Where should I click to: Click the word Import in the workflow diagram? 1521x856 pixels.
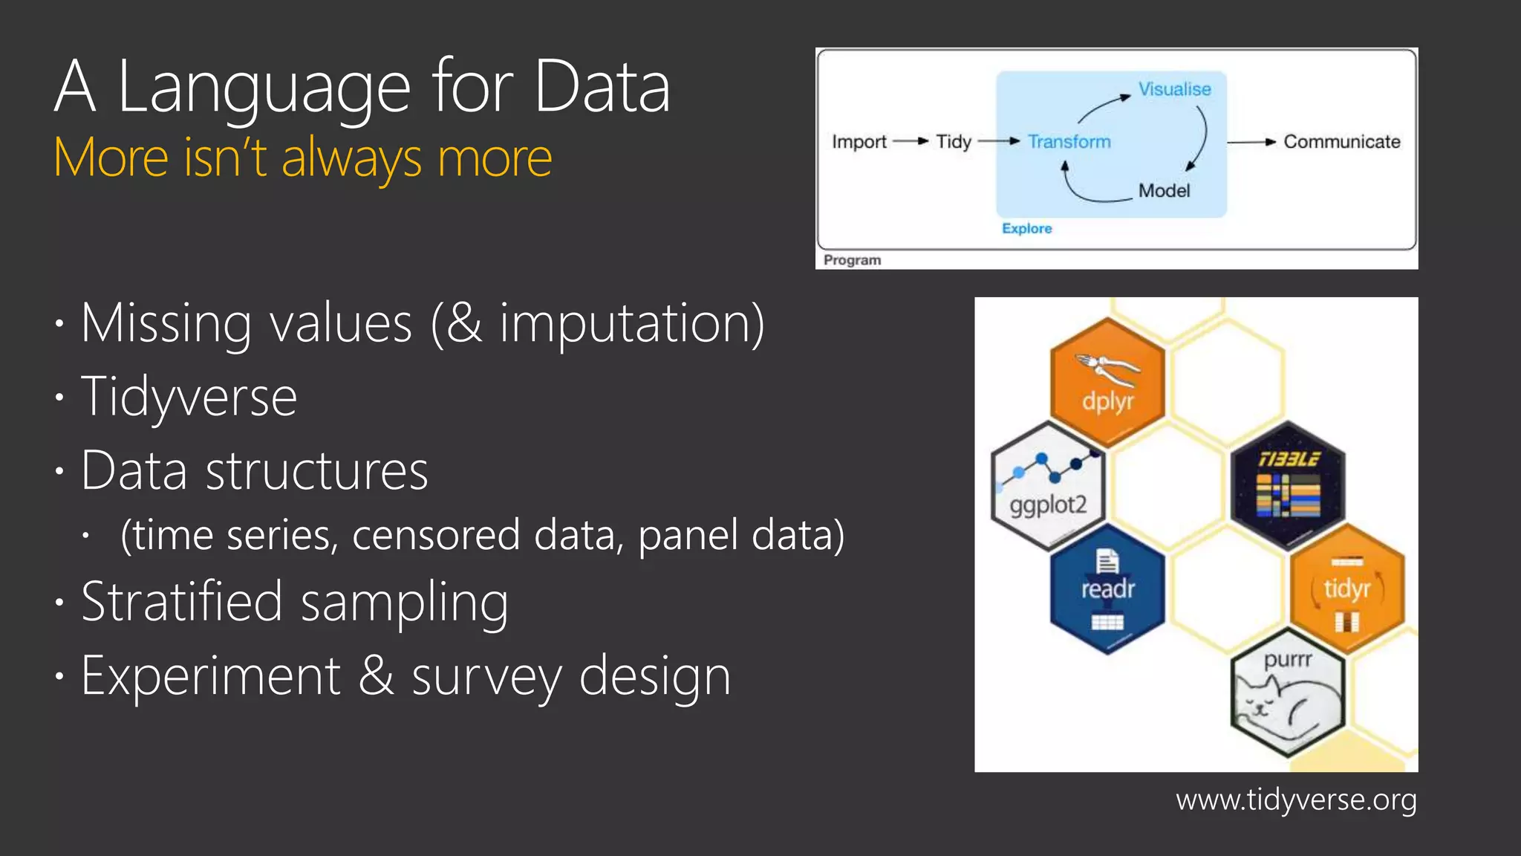tap(859, 141)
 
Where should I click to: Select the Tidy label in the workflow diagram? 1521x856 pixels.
tap(954, 141)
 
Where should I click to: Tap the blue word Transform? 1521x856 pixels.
tap(1069, 141)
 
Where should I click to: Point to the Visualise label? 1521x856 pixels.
tap(1174, 89)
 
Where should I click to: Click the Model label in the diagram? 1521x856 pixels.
tap(1164, 191)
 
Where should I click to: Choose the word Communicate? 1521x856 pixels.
tap(1341, 141)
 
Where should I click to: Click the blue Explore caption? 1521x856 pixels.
tap(1026, 228)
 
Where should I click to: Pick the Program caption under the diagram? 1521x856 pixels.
tap(852, 260)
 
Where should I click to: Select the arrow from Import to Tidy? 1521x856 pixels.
tap(911, 141)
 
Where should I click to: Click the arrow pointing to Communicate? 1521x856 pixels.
tap(1252, 141)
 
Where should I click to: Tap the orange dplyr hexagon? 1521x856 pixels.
tap(1107, 383)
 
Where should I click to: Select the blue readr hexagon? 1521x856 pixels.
tap(1107, 588)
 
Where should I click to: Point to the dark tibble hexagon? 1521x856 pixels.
tap(1288, 485)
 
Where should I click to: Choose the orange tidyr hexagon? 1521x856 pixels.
tap(1347, 588)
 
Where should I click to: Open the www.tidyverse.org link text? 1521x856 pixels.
tap(1296, 800)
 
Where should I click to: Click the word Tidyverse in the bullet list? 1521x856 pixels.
tap(189, 397)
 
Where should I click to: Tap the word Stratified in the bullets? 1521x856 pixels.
tap(182, 601)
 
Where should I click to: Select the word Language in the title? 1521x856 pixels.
tap(264, 88)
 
